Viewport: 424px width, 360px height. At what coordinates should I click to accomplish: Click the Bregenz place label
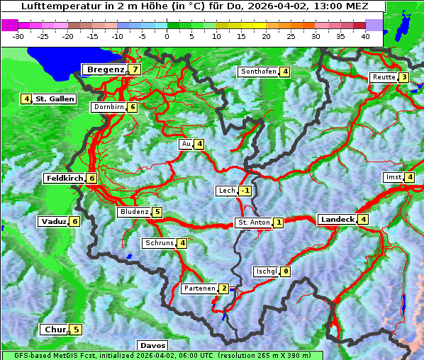(x=105, y=69)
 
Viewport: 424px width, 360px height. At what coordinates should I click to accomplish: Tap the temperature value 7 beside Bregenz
(x=134, y=69)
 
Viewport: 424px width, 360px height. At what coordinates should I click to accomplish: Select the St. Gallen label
(x=55, y=99)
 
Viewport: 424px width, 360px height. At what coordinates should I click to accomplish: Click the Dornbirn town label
(x=108, y=107)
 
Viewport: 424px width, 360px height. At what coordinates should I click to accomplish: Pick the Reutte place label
(x=383, y=77)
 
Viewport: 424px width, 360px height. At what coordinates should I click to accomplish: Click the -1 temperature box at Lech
(x=245, y=191)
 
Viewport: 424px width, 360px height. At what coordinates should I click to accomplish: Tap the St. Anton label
(x=253, y=223)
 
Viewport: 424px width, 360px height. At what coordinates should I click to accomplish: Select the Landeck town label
(x=337, y=220)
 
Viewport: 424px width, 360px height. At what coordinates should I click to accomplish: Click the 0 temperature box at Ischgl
(x=286, y=271)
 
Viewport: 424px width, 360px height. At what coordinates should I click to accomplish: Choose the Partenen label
(x=199, y=288)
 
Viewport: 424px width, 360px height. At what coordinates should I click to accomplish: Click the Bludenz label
(x=134, y=212)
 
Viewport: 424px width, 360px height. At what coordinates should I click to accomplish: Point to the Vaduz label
(x=54, y=222)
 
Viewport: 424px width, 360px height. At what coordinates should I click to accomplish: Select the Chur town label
(x=55, y=330)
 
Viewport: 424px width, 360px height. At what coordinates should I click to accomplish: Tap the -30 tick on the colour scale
(x=18, y=35)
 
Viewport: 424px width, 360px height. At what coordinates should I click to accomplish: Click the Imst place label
(x=392, y=177)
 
